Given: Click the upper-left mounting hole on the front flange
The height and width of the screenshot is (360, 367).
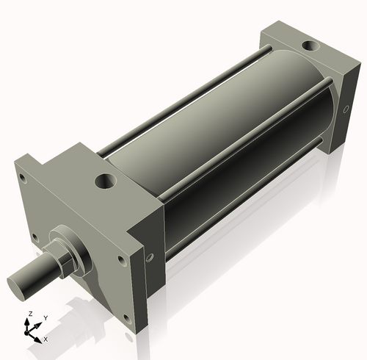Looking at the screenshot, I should pos(23,177).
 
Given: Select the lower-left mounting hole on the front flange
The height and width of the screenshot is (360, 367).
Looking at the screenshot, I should pos(32,235).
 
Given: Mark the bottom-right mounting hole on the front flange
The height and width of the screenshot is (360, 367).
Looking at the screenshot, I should pos(127,317).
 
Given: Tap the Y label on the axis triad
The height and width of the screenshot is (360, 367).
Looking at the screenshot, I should pos(45,318).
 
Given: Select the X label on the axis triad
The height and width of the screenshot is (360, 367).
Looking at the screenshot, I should pos(46,339).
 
